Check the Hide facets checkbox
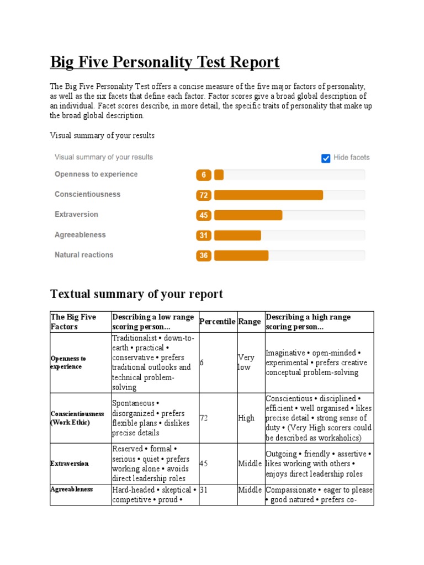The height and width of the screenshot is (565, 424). coord(326,158)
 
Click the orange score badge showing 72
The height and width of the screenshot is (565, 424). coord(204,195)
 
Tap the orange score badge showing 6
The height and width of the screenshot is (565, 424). coord(204,175)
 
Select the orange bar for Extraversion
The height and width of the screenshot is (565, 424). coord(248,215)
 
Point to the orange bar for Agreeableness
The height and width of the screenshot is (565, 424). coord(237,236)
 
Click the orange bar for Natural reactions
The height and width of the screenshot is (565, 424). coord(241,255)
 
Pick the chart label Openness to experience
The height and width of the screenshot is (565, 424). coord(96,174)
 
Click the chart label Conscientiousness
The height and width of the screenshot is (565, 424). coord(87,194)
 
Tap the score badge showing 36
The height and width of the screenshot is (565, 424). coord(204,255)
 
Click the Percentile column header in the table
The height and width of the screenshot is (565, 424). coord(217,322)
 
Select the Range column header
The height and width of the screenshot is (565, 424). coord(250,322)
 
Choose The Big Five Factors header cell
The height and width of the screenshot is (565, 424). coord(73,322)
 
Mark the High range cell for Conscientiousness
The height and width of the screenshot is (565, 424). coord(246,418)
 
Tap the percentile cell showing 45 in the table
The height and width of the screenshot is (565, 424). coord(203,463)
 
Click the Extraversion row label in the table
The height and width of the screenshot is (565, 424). coord(70,463)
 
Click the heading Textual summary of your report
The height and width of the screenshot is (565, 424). coord(136,294)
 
